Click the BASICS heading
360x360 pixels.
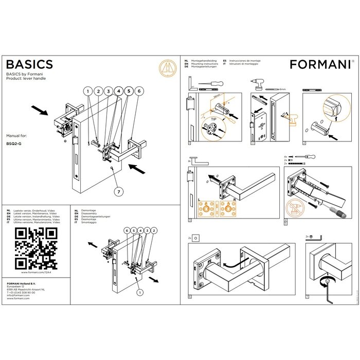click(x=29, y=64)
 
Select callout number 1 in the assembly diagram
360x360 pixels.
click(x=88, y=91)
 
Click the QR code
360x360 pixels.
click(x=35, y=248)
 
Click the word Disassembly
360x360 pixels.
click(x=90, y=213)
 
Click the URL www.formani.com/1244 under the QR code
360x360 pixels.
click(x=35, y=273)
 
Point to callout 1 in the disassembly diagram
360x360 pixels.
click(x=139, y=292)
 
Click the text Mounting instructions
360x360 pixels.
click(x=202, y=63)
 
